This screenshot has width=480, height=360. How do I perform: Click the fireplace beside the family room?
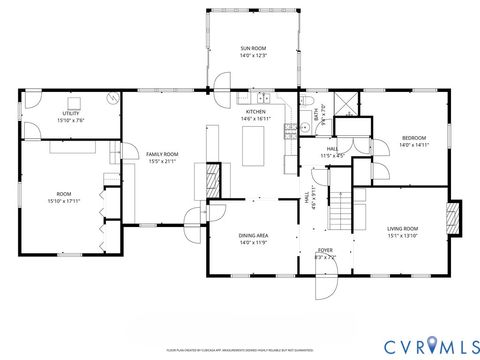(x=212, y=181)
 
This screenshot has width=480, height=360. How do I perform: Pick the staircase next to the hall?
(x=342, y=210)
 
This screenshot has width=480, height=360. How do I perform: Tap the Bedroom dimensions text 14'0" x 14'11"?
(x=414, y=145)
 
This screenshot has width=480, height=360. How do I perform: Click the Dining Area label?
(x=252, y=236)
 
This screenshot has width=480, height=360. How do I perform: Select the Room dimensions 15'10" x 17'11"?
(x=63, y=200)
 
